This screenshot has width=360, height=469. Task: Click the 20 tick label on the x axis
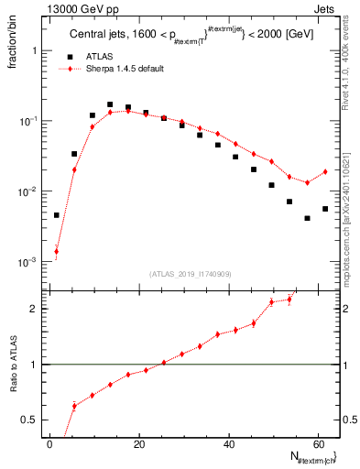tap(137, 443)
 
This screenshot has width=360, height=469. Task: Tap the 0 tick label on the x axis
tap(49, 443)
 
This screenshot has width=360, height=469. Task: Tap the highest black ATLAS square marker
tap(110, 105)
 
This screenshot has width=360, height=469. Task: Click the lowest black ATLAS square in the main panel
tap(307, 218)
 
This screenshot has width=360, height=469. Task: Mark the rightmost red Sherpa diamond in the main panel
tap(325, 171)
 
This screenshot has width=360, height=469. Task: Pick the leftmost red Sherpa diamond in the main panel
tap(57, 251)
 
